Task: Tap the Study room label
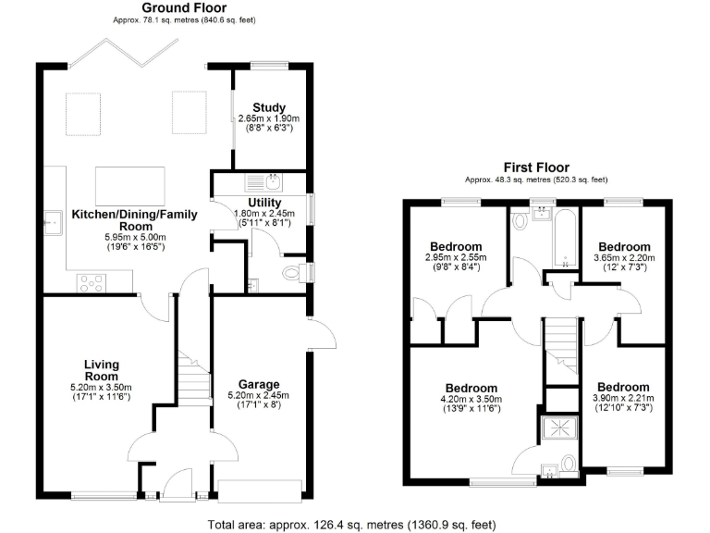pyautogui.click(x=268, y=107)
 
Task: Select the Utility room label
pyautogui.click(x=264, y=203)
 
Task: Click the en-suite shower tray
pyautogui.click(x=558, y=428)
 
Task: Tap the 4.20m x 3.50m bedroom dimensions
pyautogui.click(x=471, y=400)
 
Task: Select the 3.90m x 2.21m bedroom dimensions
pyautogui.click(x=623, y=399)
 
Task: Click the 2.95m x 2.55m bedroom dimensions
pyautogui.click(x=454, y=256)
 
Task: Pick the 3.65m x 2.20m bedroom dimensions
pyautogui.click(x=623, y=256)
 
